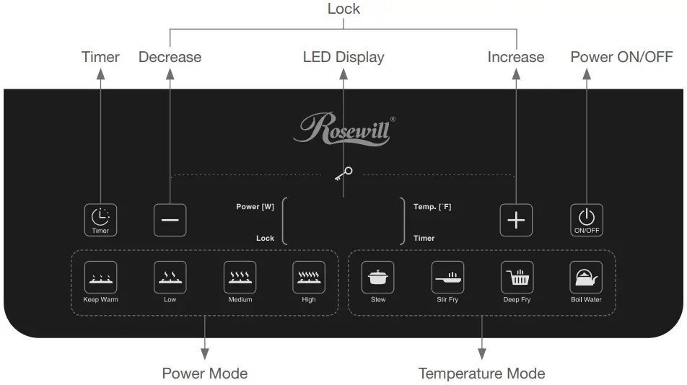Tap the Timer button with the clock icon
point(100,220)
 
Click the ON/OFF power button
point(586,220)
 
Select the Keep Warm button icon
point(100,278)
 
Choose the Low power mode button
point(170,278)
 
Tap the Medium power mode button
point(240,278)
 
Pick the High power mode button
point(308,278)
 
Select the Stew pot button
point(377,278)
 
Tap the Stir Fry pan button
point(447,278)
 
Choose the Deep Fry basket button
point(517,278)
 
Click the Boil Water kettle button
point(586,278)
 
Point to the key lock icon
point(343,174)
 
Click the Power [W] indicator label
point(255,207)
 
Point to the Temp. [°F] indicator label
point(432,207)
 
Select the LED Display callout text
point(343,57)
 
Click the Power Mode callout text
point(204,373)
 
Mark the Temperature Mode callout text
point(481,373)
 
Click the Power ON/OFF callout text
point(621,57)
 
